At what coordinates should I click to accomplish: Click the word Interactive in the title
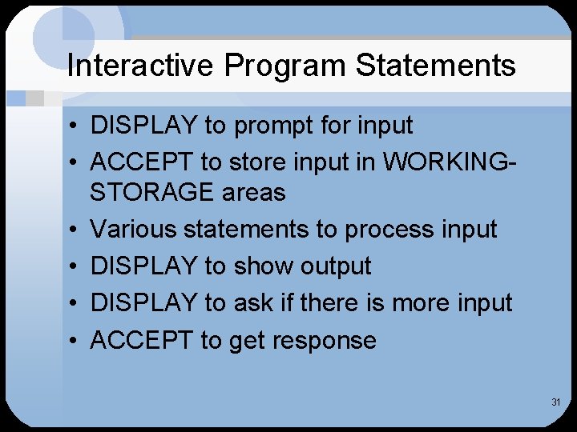coord(141,66)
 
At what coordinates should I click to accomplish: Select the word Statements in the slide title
coord(436,66)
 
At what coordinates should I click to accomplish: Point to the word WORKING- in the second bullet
coord(450,162)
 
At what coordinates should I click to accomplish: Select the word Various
coord(133,230)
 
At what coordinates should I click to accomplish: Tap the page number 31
coord(555,402)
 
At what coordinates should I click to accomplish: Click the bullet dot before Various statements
coord(73,230)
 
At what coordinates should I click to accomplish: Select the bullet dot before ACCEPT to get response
coord(73,341)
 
